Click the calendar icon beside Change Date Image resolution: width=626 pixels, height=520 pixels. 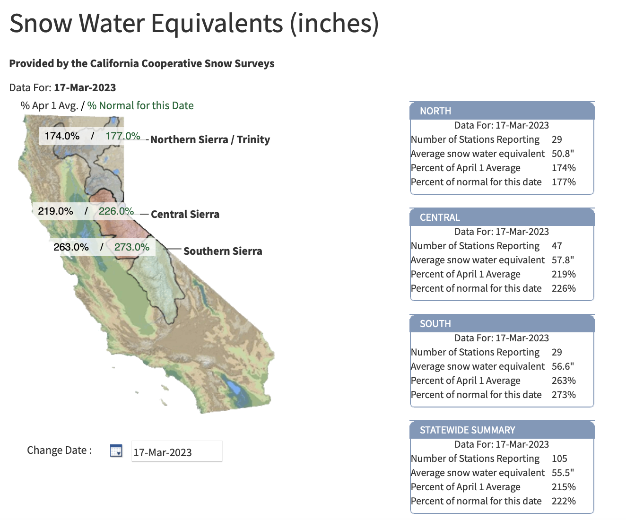(116, 451)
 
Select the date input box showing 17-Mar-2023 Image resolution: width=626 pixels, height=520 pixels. (177, 451)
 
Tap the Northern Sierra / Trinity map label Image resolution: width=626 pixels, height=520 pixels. (210, 139)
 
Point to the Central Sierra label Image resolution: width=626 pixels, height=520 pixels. (185, 214)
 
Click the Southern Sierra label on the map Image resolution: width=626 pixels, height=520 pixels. (223, 251)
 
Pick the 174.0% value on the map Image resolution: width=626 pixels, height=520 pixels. (62, 136)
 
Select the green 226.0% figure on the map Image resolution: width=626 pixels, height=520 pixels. (116, 211)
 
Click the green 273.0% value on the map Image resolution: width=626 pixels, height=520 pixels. (132, 247)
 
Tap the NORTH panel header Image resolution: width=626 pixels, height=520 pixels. (502, 111)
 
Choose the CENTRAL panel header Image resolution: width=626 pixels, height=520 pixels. (502, 217)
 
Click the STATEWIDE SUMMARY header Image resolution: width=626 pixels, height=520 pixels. (502, 430)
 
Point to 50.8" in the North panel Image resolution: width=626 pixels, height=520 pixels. (563, 154)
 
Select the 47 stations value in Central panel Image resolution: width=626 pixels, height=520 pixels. (557, 246)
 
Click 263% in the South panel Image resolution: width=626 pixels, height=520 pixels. (564, 381)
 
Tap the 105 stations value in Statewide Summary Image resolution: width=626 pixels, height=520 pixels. (559, 459)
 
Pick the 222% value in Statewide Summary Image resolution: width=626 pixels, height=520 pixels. (564, 501)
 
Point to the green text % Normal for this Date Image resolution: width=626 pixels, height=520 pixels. (140, 105)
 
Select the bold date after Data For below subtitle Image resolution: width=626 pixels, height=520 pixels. (85, 87)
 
